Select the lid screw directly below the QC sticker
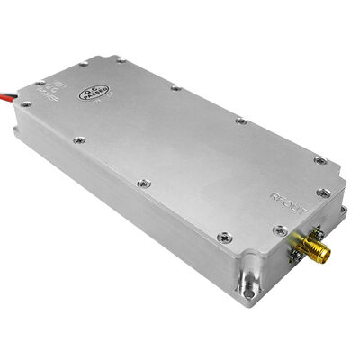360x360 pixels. pos(78,139)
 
